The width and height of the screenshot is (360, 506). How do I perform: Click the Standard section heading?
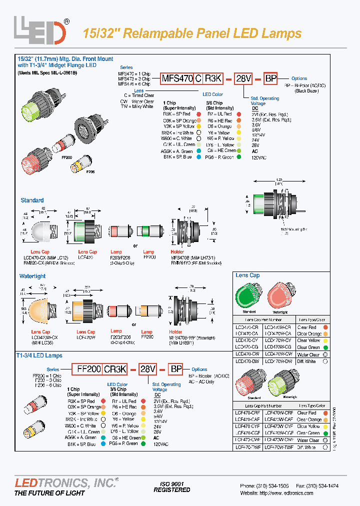tap(32, 200)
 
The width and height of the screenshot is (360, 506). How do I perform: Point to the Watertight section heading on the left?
tap(32, 275)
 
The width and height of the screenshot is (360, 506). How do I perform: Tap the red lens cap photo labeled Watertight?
tap(280, 295)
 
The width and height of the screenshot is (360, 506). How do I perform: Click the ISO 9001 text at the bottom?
tap(171, 483)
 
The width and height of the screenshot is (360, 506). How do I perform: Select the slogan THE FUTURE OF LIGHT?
tap(49, 493)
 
